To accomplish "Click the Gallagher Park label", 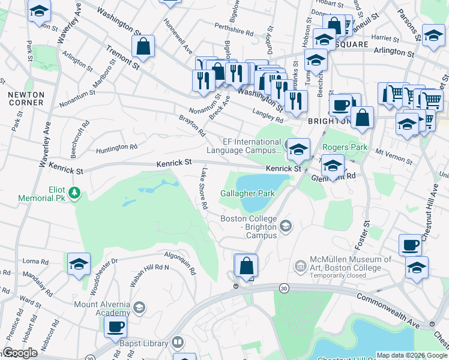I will pyautogui.click(x=247, y=193).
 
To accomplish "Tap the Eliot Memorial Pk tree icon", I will pyautogui.click(x=74, y=193).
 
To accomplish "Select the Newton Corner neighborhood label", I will pyautogui.click(x=25, y=98).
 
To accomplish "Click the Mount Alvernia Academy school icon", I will pyautogui.click(x=139, y=308).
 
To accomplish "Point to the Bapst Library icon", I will pyautogui.click(x=177, y=342).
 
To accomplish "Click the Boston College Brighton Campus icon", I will pyautogui.click(x=286, y=226).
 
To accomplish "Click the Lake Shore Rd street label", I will pyautogui.click(x=204, y=188).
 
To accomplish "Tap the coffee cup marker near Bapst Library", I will pyautogui.click(x=115, y=327).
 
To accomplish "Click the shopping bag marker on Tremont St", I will pyautogui.click(x=143, y=46).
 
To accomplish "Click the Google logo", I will pyautogui.click(x=20, y=353).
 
